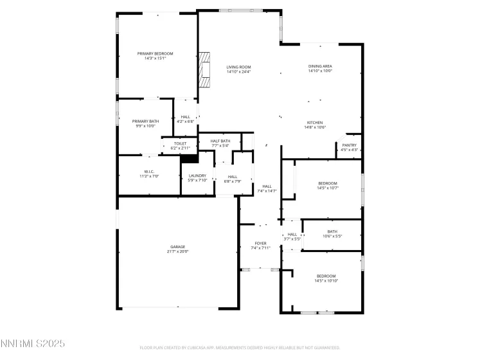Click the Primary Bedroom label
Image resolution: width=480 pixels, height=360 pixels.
(x=156, y=53)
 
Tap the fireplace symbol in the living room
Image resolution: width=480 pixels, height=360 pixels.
(x=204, y=69)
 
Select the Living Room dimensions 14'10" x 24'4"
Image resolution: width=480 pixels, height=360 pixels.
(x=238, y=72)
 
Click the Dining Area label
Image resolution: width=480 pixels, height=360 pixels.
(x=319, y=66)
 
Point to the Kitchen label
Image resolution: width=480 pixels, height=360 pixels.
(x=314, y=123)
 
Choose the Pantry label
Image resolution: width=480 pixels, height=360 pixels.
(x=349, y=145)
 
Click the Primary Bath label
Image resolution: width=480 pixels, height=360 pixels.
(x=145, y=121)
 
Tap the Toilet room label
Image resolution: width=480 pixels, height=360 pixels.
(x=180, y=143)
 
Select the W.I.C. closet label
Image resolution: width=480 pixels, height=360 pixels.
(x=149, y=172)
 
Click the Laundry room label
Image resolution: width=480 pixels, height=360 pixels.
(x=197, y=175)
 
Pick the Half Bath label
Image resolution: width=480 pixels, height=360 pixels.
(x=220, y=141)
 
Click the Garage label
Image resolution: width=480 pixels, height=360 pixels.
(x=178, y=246)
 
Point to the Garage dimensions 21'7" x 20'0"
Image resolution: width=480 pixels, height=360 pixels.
(x=178, y=251)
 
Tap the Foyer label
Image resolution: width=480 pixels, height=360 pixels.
(x=260, y=243)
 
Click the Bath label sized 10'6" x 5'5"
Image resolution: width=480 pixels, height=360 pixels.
(x=332, y=231)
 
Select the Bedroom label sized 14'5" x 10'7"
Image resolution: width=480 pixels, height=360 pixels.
(x=327, y=183)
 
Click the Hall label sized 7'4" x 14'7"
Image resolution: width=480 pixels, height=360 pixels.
(x=267, y=186)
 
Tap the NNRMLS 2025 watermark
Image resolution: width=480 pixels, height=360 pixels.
(x=33, y=344)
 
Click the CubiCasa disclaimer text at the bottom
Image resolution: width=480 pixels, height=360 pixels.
(x=240, y=348)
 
